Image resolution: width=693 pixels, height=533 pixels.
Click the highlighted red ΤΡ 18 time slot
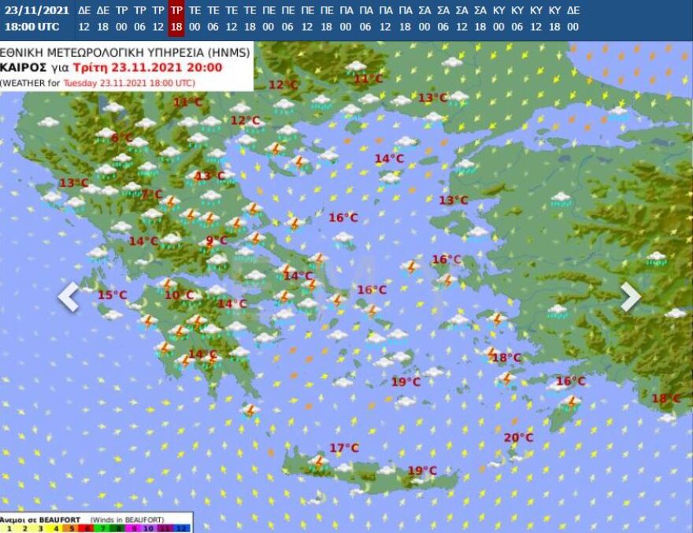176,18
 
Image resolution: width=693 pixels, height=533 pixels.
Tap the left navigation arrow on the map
69,297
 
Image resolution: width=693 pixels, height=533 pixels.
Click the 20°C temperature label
518,438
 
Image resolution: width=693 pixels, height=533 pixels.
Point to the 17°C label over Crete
343,448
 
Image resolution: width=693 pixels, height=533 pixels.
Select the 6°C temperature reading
122,138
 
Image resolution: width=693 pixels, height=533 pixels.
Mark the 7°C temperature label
152,194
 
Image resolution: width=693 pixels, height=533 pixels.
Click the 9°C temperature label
217,241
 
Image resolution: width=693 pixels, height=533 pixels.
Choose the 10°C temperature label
180,295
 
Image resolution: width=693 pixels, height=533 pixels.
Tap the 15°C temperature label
112,295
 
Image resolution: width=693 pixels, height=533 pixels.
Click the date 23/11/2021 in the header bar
31,10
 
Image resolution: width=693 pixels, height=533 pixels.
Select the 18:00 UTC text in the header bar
31,26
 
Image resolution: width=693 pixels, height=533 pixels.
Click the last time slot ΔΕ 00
573,18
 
